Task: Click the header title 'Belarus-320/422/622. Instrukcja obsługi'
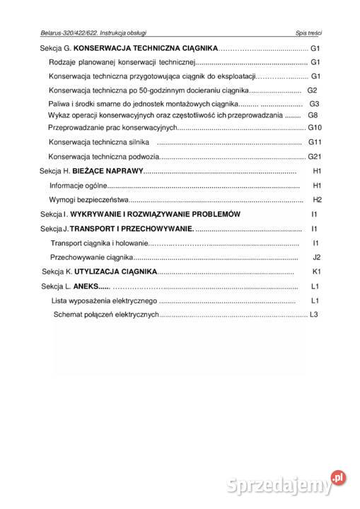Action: tap(94, 33)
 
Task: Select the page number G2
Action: tap(313, 90)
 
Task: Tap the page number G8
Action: tap(314, 115)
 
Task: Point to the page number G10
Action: tap(315, 127)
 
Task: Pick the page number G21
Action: tap(315, 156)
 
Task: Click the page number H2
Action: tap(317, 199)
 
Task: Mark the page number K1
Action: tap(317, 271)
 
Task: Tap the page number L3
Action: tap(315, 314)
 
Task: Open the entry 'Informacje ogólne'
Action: tap(79, 185)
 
